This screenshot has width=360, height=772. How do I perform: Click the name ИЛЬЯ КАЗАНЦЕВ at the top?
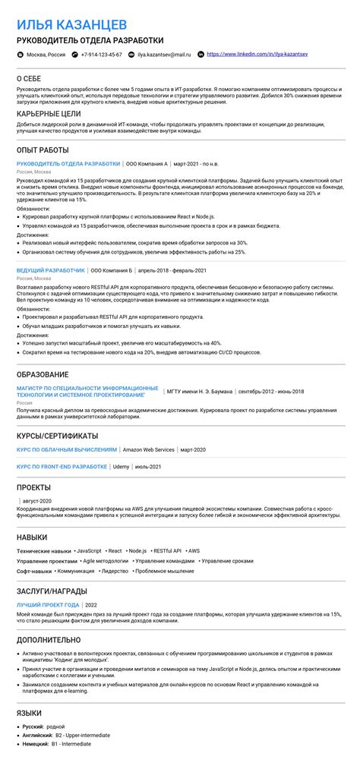coord(72,25)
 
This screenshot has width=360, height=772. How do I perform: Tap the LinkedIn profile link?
coord(257,55)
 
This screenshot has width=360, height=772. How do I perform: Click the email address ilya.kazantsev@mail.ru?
coord(163,55)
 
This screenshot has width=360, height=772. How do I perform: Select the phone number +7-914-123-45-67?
coord(101,55)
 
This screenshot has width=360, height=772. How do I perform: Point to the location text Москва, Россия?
coord(46,55)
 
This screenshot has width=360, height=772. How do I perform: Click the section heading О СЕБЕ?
coord(30,79)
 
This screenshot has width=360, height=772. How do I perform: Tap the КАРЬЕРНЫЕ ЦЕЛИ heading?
coord(49,113)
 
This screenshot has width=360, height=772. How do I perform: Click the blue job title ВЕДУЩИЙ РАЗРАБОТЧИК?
coord(51,270)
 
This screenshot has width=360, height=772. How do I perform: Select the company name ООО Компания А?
coord(146,163)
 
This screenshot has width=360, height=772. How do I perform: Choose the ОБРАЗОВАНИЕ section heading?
coord(43,374)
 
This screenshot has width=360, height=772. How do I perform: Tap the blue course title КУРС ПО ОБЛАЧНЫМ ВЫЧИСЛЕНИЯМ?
coord(67,450)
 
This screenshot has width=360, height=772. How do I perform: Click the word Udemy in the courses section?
coord(121,466)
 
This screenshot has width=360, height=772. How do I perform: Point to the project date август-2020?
coord(36,501)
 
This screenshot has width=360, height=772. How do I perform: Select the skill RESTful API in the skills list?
coord(166,550)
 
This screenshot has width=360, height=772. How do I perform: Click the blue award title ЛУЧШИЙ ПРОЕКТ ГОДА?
coord(48,604)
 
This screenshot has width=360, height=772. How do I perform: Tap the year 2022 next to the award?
coord(91,604)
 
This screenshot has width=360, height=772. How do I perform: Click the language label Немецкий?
coord(34,744)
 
